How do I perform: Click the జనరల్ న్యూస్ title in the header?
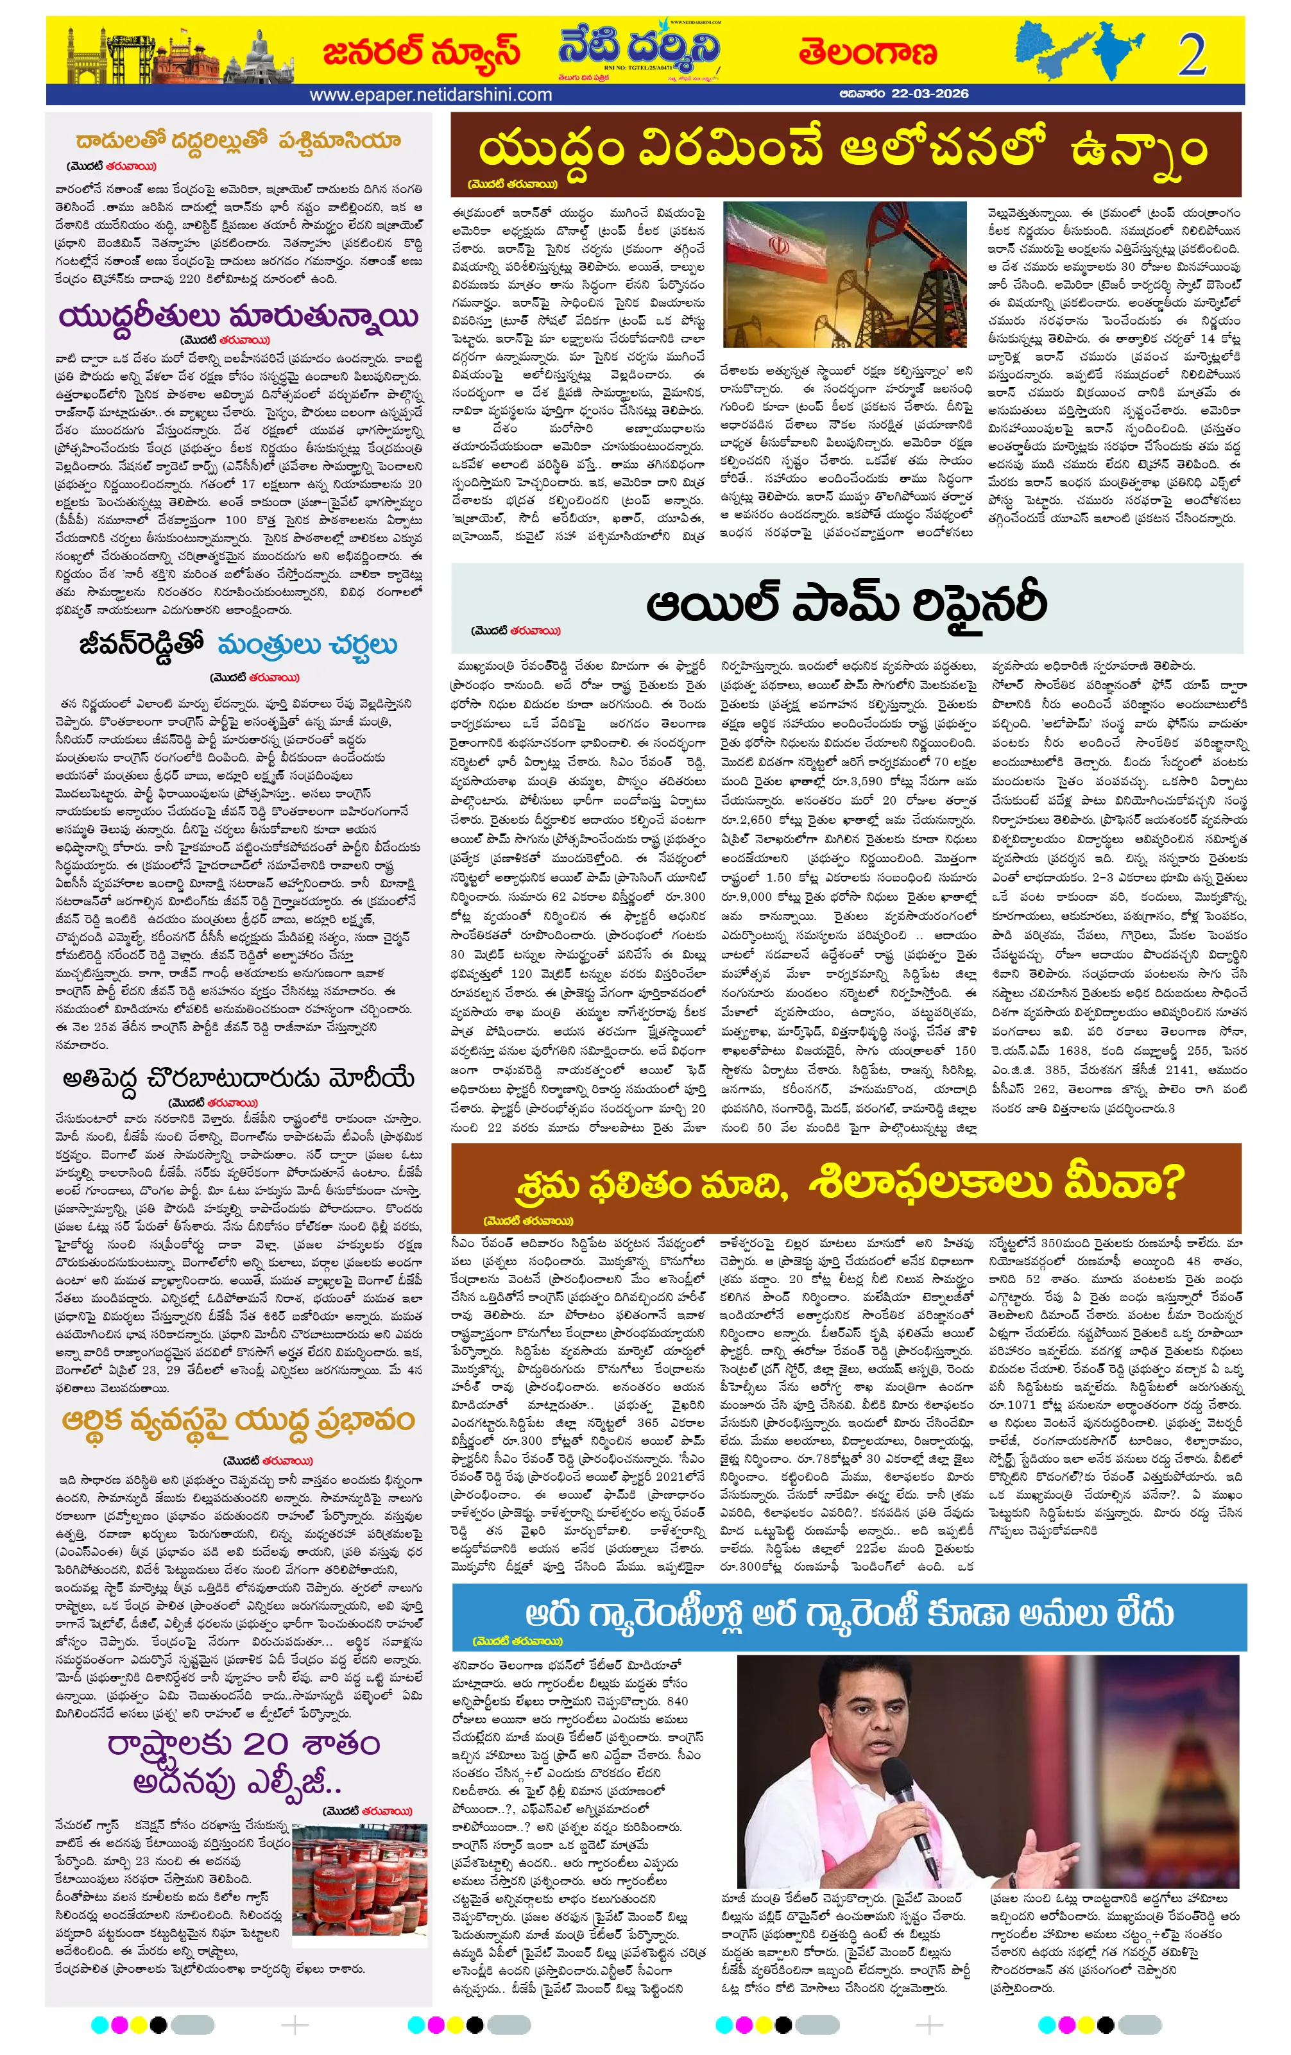[421, 52]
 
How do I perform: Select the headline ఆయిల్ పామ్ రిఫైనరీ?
[846, 604]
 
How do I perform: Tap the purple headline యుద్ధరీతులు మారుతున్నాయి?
[239, 316]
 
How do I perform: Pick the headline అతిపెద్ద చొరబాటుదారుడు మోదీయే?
[238, 1079]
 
